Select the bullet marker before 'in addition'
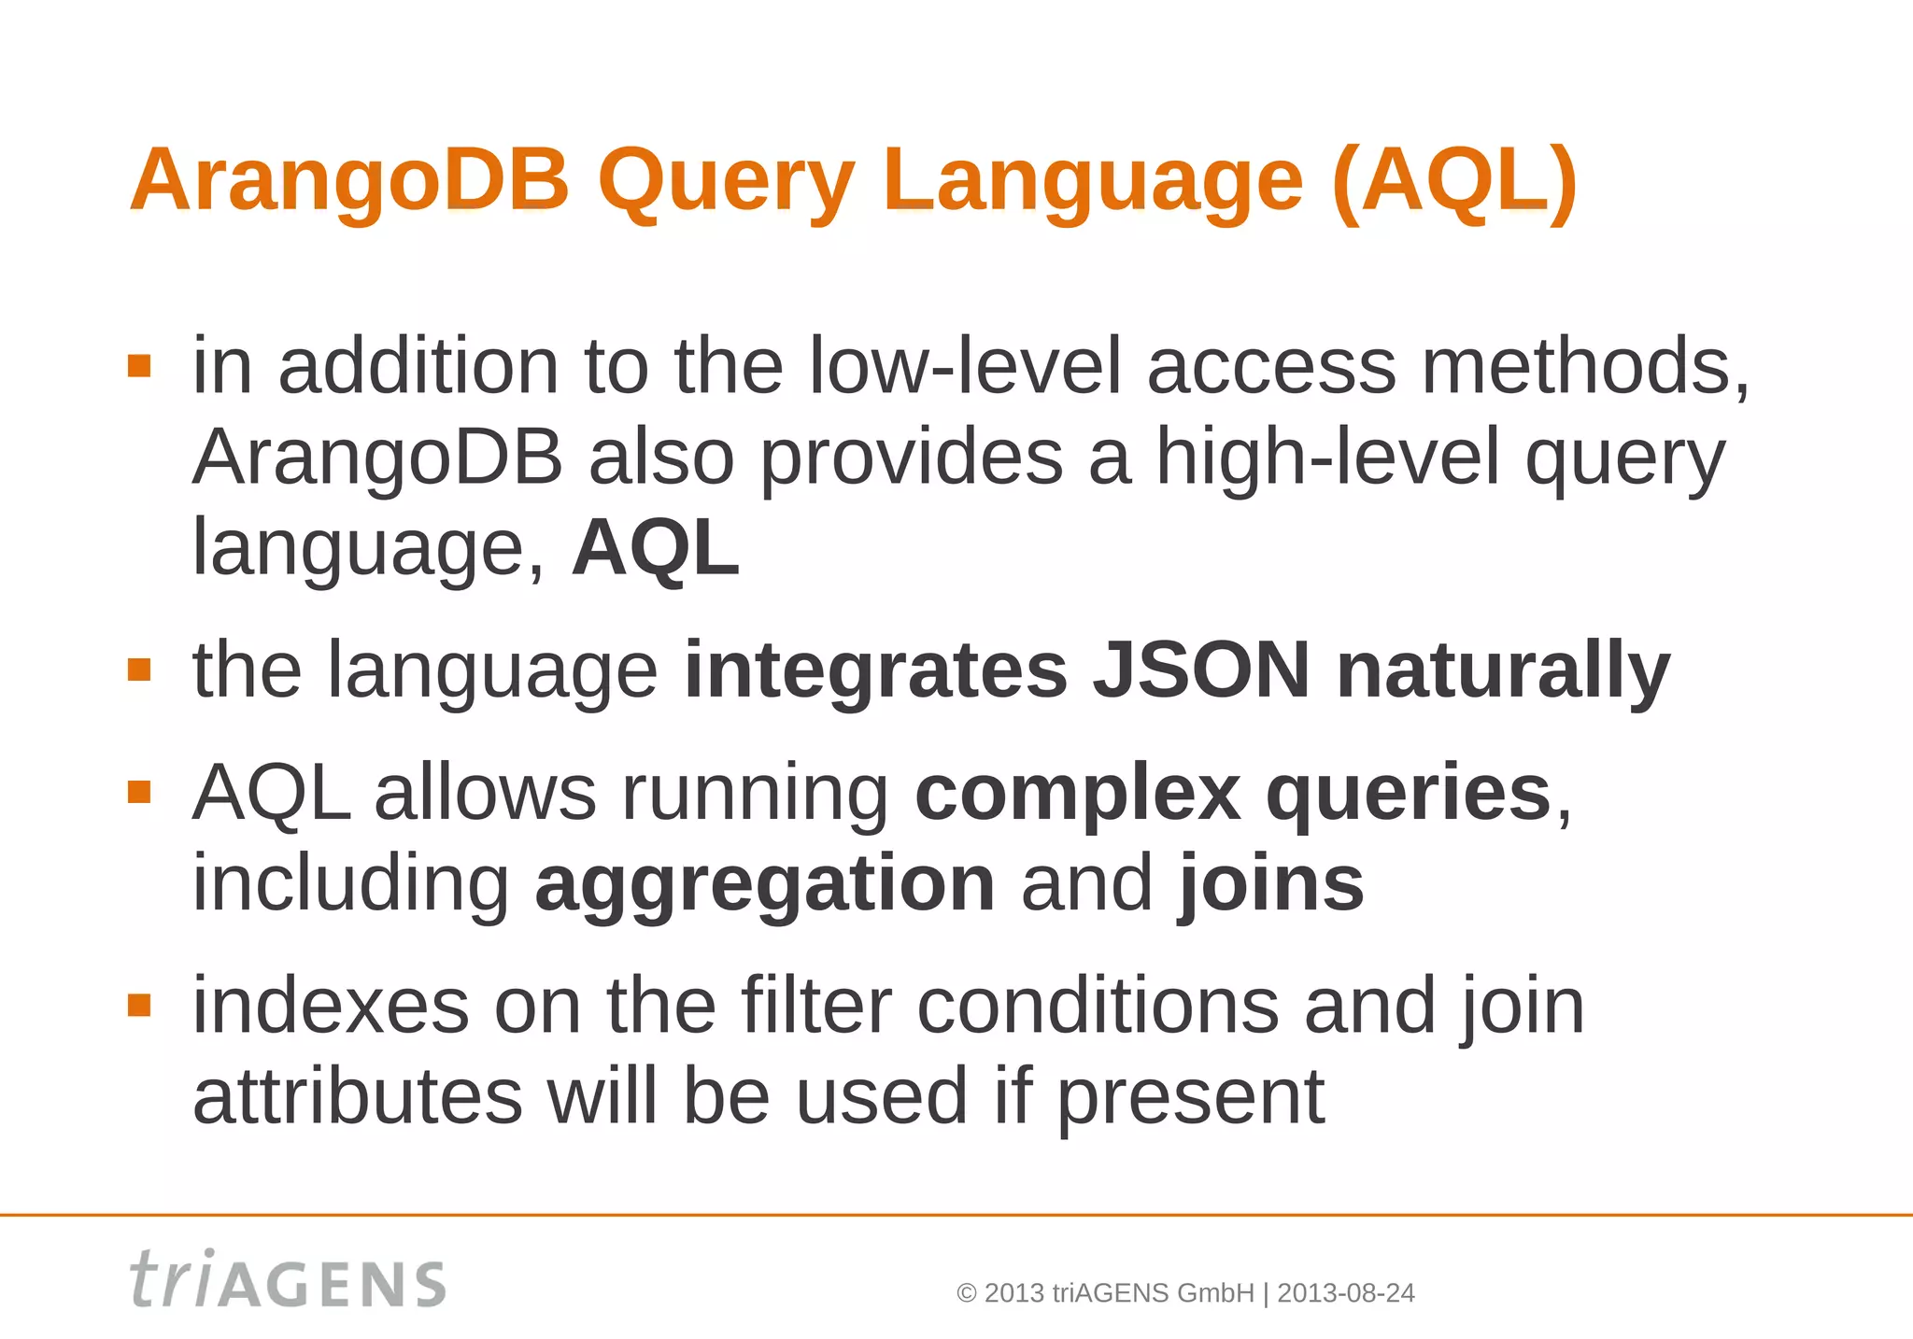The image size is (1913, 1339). tap(139, 365)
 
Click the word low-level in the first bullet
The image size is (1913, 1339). tap(964, 365)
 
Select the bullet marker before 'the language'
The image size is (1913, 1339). tap(139, 669)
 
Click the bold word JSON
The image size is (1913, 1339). tap(1201, 669)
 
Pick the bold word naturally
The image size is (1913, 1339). tap(1502, 669)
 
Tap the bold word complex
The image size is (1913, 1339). tap(1077, 793)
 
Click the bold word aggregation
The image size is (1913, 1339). tap(764, 883)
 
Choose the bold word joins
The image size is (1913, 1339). tap(1270, 883)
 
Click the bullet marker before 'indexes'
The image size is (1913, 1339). tap(139, 1006)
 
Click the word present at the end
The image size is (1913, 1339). tap(1190, 1097)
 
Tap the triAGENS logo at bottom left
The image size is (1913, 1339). tap(288, 1280)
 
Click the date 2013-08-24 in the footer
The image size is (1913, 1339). tap(1345, 1293)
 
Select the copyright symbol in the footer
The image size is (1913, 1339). tap(967, 1293)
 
